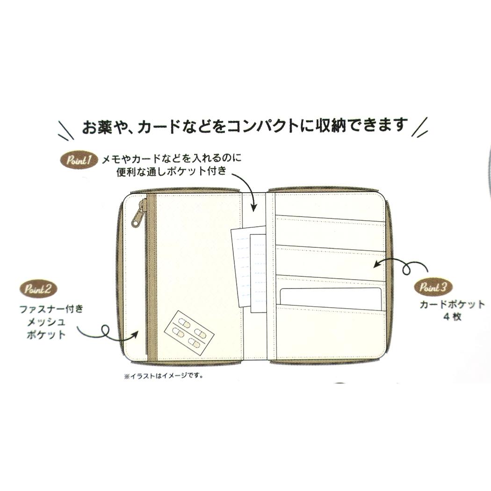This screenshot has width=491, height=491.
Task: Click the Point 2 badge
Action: tap(38, 289)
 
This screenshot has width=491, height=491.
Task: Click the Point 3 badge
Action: tap(433, 287)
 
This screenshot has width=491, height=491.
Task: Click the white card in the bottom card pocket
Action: tap(330, 298)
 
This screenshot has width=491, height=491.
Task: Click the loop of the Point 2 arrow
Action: tap(105, 331)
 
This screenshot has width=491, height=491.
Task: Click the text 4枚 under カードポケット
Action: tap(452, 317)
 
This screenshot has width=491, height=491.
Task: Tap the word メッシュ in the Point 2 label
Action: tap(46, 322)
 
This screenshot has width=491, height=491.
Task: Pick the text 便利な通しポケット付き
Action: tap(171, 172)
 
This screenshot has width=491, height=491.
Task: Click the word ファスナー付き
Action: tap(51, 309)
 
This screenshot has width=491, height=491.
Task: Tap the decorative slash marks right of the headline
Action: tap(420, 127)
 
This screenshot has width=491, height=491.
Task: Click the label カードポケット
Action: tap(452, 304)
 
